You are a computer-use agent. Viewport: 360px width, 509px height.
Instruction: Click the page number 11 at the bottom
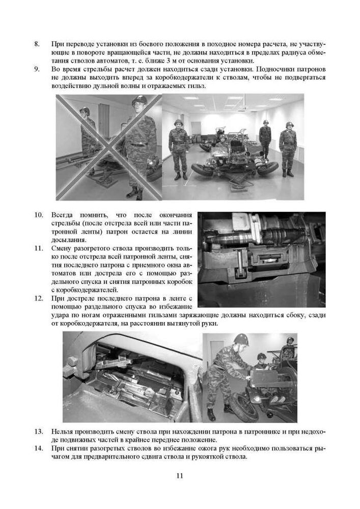pos(180,476)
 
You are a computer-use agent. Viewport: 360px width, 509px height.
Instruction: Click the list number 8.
pos(37,44)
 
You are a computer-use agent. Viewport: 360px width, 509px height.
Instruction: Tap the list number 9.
pos(37,69)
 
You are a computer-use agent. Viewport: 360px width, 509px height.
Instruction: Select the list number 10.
pos(39,215)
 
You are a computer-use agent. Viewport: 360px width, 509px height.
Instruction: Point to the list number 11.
pos(39,248)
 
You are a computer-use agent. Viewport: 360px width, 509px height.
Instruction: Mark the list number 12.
pos(39,298)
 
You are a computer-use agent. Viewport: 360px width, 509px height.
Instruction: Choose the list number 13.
pos(39,431)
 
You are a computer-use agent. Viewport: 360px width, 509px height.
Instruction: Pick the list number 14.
pos(39,447)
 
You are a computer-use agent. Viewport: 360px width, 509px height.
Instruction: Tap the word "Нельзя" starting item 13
pos(63,431)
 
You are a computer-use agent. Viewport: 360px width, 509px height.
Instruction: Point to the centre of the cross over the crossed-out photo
pos(108,148)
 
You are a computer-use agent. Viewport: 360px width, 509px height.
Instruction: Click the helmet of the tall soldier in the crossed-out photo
pos(139,100)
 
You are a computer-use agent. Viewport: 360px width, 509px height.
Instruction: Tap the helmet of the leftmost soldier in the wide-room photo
pos(178,122)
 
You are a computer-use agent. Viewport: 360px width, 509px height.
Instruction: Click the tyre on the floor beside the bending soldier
pos(244,408)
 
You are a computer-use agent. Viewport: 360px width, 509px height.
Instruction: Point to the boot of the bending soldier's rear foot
pos(211,414)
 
